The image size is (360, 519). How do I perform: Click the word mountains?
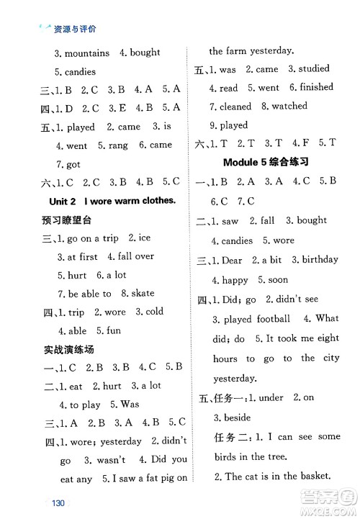click(x=87, y=53)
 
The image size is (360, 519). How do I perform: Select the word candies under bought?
click(x=80, y=72)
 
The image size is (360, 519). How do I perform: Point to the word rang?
click(x=118, y=145)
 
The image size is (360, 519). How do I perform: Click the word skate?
click(x=143, y=294)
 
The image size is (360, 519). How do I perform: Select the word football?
click(x=271, y=318)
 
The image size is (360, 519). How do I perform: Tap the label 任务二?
click(x=235, y=437)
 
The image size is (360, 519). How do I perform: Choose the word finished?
click(x=317, y=88)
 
